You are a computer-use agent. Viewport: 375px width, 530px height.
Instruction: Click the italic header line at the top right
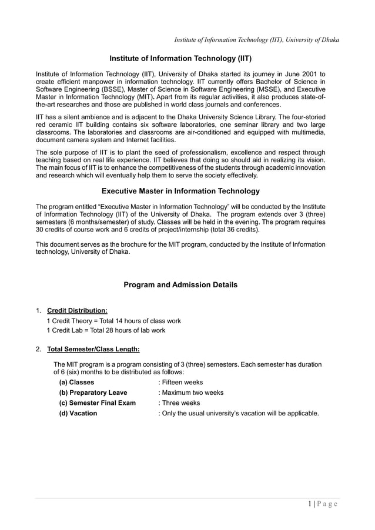tap(257, 39)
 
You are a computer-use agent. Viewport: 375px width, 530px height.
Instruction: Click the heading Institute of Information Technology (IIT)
tap(180, 59)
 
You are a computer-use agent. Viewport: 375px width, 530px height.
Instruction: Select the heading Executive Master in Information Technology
tap(180, 191)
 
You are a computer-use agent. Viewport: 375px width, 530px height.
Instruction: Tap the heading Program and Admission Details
tap(180, 285)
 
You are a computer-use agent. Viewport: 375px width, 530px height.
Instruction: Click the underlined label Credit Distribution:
tap(77, 310)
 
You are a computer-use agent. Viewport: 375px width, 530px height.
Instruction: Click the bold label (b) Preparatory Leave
tap(93, 393)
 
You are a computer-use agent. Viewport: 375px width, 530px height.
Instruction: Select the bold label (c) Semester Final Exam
tap(97, 403)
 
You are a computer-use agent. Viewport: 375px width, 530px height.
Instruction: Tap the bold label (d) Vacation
tap(78, 413)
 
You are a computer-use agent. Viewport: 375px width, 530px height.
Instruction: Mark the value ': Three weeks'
tap(179, 403)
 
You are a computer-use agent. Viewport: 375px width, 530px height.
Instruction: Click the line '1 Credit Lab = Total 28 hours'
tap(106, 330)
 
